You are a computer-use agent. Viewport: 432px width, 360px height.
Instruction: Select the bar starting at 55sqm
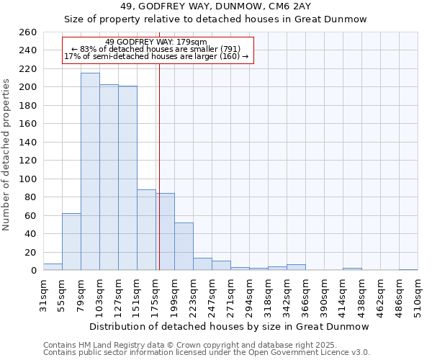[x=71, y=242]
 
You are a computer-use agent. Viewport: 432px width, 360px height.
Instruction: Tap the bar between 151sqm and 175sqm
[x=146, y=230]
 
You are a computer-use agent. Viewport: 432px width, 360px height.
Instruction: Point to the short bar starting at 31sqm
[x=53, y=267]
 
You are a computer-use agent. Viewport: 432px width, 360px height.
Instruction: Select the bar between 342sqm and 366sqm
[x=296, y=267]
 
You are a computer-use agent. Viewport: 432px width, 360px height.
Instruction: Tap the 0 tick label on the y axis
[x=33, y=271]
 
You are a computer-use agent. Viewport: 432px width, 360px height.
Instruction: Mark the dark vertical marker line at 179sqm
[x=159, y=166]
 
